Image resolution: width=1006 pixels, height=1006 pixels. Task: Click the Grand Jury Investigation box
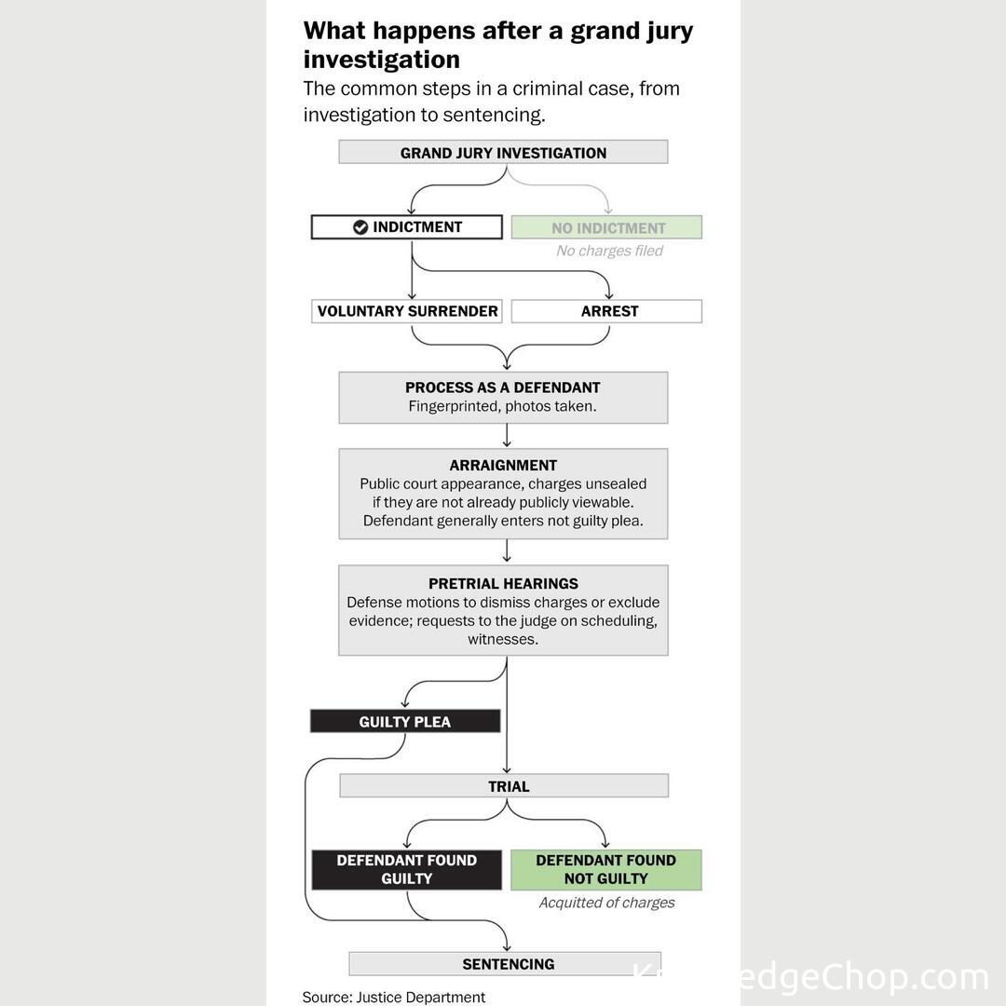coord(503,153)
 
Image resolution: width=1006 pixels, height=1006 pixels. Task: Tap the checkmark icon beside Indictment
coord(360,227)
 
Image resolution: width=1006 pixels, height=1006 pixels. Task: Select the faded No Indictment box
coord(606,227)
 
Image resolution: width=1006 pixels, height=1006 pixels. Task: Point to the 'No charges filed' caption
coord(609,251)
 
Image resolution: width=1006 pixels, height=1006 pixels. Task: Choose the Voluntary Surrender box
coord(407,311)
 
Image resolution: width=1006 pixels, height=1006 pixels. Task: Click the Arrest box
coord(606,311)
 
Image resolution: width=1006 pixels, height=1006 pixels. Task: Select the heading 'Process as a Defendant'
coord(503,387)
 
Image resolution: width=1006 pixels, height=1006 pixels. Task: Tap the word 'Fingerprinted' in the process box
coord(455,407)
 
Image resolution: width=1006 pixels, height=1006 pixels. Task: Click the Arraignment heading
coord(503,466)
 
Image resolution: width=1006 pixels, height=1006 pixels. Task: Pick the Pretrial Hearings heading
coord(503,584)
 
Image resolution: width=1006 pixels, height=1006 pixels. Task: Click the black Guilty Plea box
coord(405,722)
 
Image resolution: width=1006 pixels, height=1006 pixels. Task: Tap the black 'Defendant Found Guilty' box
coord(407,869)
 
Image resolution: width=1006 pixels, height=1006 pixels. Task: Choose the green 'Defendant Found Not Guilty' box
coord(606,869)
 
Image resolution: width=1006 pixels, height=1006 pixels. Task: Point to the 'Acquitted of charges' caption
coord(606,903)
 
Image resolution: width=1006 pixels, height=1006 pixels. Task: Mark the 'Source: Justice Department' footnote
coord(394,998)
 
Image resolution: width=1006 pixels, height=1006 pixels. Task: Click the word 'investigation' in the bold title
coord(382,60)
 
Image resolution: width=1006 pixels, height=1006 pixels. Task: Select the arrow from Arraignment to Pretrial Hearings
coord(507,551)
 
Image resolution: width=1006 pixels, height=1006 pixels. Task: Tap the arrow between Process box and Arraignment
coord(507,436)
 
